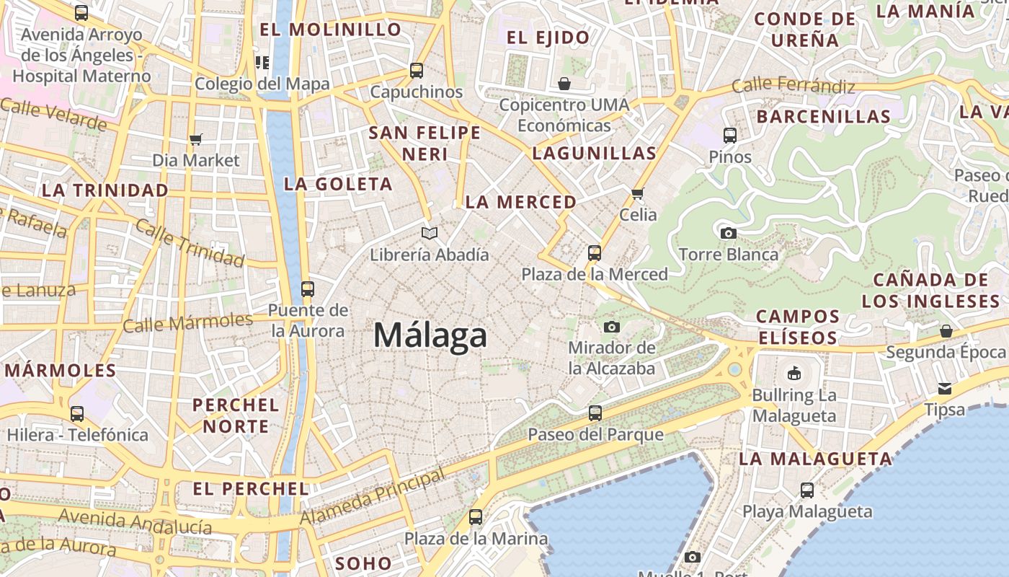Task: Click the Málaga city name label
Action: pos(430,336)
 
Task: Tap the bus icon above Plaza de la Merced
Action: pos(595,253)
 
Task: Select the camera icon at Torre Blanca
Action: pos(729,233)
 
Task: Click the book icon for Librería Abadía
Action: pos(430,233)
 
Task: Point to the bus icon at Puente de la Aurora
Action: pos(308,289)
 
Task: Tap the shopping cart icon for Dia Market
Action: pos(195,139)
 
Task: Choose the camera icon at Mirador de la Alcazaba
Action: pos(612,327)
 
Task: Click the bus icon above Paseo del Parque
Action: pos(595,413)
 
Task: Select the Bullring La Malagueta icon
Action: pos(794,373)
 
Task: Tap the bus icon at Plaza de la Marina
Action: pos(476,517)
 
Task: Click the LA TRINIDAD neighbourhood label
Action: pos(105,190)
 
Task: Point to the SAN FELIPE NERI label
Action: pos(425,143)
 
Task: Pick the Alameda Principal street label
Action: pos(372,498)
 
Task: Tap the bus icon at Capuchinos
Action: pos(417,71)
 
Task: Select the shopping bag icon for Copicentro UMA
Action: pos(564,84)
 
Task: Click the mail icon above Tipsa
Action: pos(945,389)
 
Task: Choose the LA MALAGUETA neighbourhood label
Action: pos(816,459)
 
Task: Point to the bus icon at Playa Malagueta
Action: pos(807,490)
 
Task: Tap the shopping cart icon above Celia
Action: pos(637,193)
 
